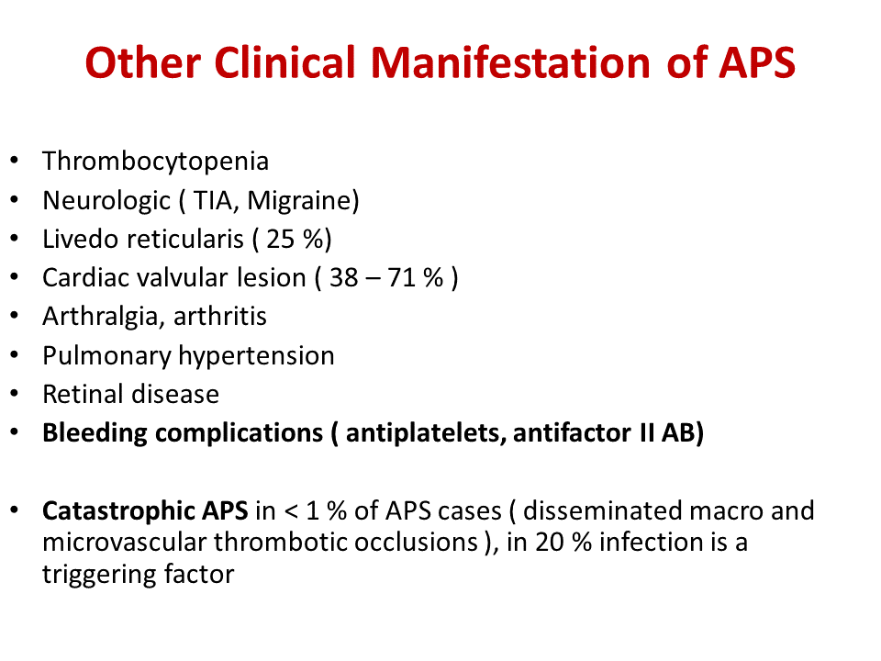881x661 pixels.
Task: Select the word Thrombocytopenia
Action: click(156, 162)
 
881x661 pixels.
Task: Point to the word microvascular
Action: click(125, 543)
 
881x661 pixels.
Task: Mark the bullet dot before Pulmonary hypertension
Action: click(14, 355)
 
